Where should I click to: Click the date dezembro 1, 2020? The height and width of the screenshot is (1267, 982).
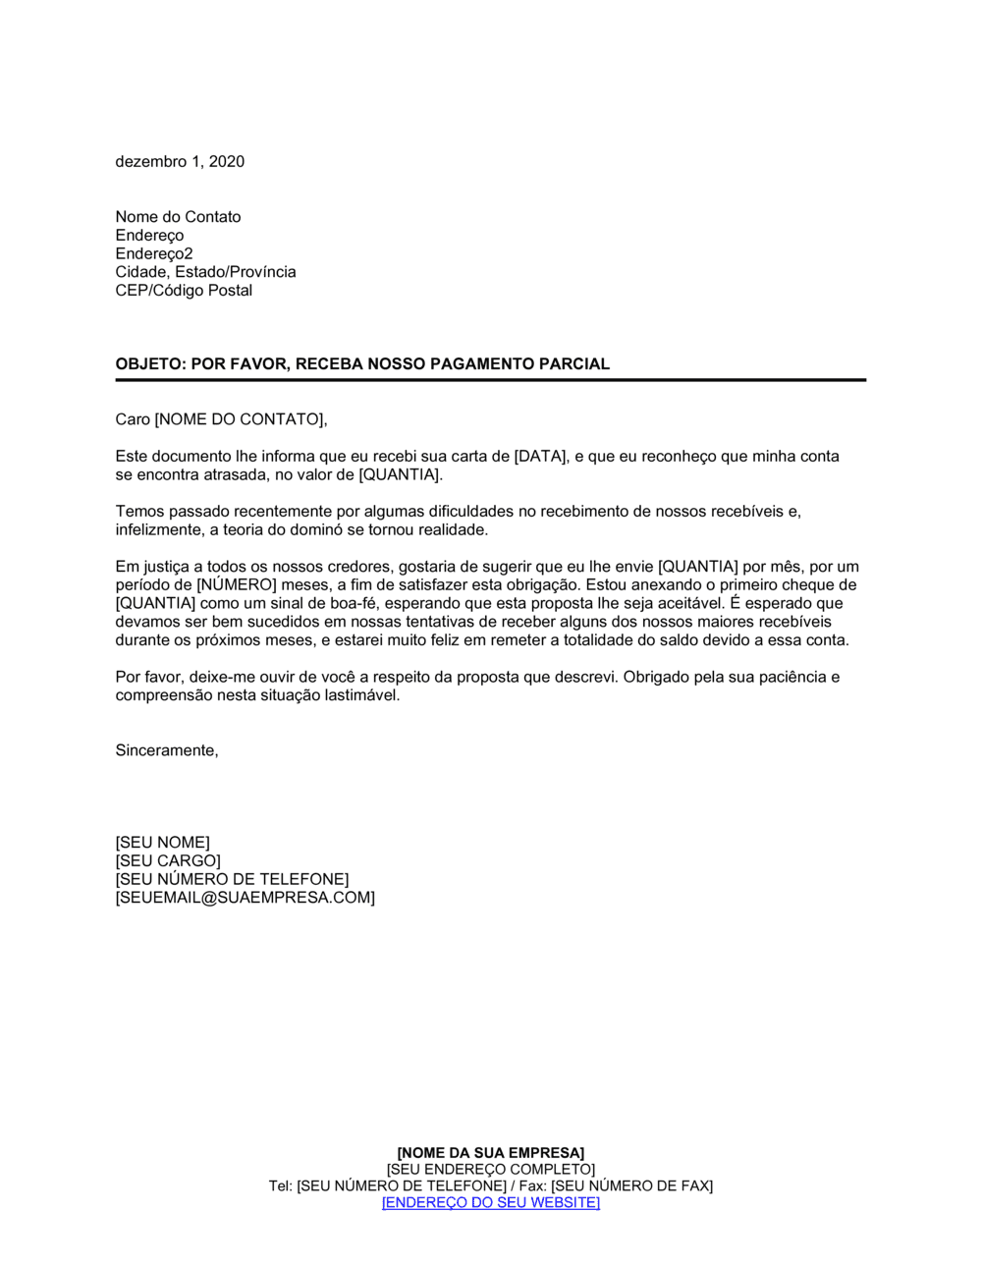click(x=180, y=162)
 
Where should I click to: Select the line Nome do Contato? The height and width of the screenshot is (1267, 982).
click(x=178, y=217)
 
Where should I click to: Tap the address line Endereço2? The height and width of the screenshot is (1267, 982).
click(x=154, y=253)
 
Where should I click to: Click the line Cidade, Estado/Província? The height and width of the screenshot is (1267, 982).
click(x=205, y=272)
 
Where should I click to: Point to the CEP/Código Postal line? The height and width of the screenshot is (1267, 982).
click(x=184, y=291)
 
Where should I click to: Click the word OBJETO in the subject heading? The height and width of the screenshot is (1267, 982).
click(x=148, y=364)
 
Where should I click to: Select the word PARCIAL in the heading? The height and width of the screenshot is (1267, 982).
click(x=574, y=364)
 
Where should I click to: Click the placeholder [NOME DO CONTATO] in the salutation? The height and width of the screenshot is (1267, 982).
click(x=239, y=420)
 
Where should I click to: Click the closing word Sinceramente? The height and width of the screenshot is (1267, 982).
click(x=166, y=750)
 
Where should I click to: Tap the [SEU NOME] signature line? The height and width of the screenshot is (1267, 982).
click(x=162, y=843)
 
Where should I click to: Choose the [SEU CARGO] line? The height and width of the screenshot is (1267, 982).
click(x=168, y=861)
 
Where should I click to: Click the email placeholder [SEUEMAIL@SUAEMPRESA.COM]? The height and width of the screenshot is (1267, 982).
click(x=245, y=898)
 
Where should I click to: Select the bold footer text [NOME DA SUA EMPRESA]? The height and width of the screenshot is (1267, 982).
click(x=490, y=1153)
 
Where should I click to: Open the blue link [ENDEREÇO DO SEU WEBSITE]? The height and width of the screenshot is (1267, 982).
click(x=490, y=1202)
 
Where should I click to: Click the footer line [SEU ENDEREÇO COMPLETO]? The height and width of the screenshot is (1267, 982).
click(x=490, y=1170)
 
